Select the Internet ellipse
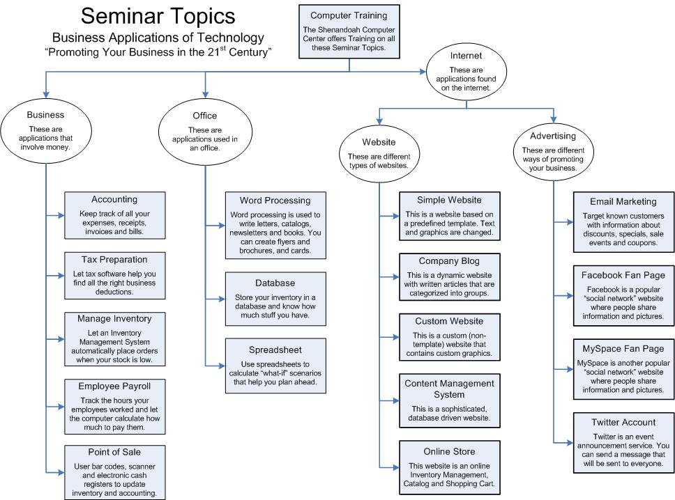[x=466, y=71]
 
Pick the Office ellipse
[x=204, y=130]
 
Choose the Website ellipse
[x=379, y=153]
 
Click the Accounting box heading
[x=114, y=200]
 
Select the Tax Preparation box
[x=114, y=275]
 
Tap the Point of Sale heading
[x=114, y=451]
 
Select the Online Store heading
[x=450, y=451]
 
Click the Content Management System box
[x=450, y=400]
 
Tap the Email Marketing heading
[x=623, y=201]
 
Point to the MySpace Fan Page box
[x=623, y=369]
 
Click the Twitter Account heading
[x=623, y=422]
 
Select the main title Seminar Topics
[x=158, y=17]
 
